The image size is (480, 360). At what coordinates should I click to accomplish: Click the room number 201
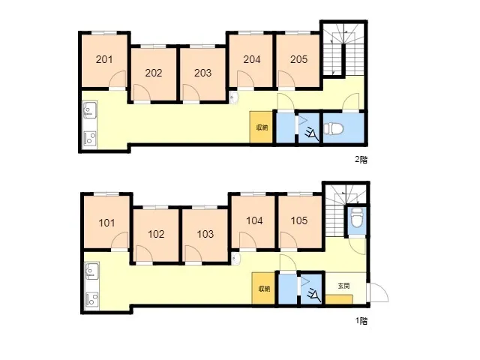coord(104,59)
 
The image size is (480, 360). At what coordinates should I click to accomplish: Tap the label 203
coord(202,73)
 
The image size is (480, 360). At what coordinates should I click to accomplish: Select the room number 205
coord(298,59)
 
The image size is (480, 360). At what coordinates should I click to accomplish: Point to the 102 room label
coord(156,234)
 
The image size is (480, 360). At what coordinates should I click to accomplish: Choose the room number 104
coord(254,220)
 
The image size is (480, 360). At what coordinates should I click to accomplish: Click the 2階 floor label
coord(361,160)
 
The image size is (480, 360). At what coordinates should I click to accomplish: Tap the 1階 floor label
coord(361,321)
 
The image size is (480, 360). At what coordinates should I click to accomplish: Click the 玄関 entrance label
coord(343,286)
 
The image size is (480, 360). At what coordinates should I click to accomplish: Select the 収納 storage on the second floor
coord(262,127)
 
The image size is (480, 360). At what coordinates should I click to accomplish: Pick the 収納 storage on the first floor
coord(264,289)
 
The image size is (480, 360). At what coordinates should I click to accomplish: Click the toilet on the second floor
coord(330,128)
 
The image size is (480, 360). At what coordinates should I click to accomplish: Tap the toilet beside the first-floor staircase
coord(356,217)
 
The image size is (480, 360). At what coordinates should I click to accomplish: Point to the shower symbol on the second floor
coord(310,130)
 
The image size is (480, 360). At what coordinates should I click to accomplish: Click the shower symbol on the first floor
coord(313,292)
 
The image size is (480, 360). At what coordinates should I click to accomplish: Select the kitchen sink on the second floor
coord(90,110)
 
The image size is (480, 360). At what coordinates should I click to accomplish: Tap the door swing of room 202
coord(142,91)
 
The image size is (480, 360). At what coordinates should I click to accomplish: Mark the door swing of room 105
coord(288,240)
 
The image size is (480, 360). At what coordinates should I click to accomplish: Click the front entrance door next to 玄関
coord(379,292)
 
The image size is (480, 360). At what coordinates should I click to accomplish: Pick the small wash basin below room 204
coord(235,98)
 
